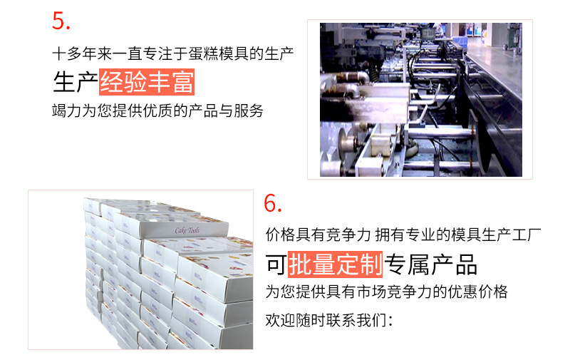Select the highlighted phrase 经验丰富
point(147,83)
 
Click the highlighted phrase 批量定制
point(335,264)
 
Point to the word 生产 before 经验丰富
point(75,83)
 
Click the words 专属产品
point(431,264)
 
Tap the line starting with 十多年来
point(173,53)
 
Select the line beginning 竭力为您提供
point(158,110)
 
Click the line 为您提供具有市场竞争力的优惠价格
point(386,292)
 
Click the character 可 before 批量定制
point(276,264)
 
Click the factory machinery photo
point(420,99)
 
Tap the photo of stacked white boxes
point(140,269)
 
